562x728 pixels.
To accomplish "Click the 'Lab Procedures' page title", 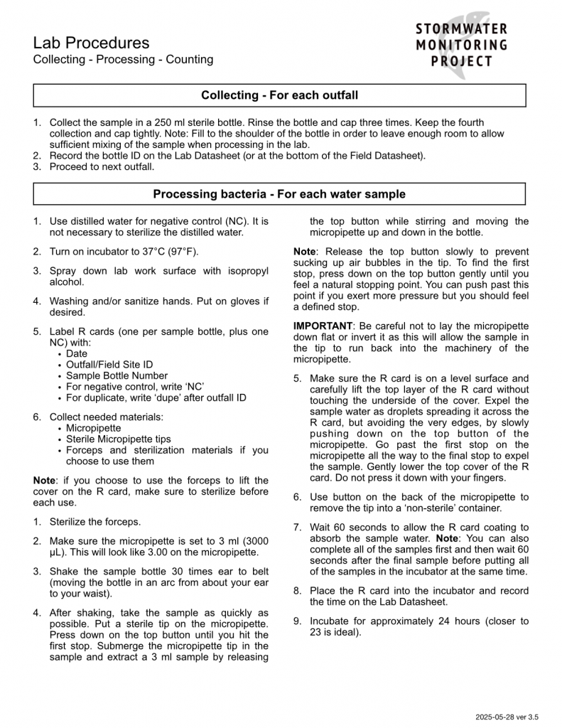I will pyautogui.click(x=91, y=43).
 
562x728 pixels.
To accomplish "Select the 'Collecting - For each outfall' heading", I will pyautogui.click(x=279, y=95).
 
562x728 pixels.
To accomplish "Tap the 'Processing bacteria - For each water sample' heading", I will pyautogui.click(x=279, y=194).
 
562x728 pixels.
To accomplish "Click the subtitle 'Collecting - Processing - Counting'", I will pyautogui.click(x=123, y=60).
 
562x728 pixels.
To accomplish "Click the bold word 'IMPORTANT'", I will pyautogui.click(x=322, y=326).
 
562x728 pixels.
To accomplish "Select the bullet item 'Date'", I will pyautogui.click(x=77, y=353).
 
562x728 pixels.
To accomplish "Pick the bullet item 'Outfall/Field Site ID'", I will pyautogui.click(x=109, y=365).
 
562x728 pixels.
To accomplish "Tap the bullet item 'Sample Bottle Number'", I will pyautogui.click(x=117, y=375).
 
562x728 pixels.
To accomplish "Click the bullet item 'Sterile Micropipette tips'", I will pyautogui.click(x=118, y=439).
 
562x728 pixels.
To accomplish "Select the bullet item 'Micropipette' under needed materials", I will pyautogui.click(x=93, y=428).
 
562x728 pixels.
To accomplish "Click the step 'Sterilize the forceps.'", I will pyautogui.click(x=94, y=522).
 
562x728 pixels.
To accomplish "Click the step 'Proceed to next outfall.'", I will pyautogui.click(x=102, y=167).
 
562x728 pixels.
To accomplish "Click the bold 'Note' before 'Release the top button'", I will pyautogui.click(x=304, y=252).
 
